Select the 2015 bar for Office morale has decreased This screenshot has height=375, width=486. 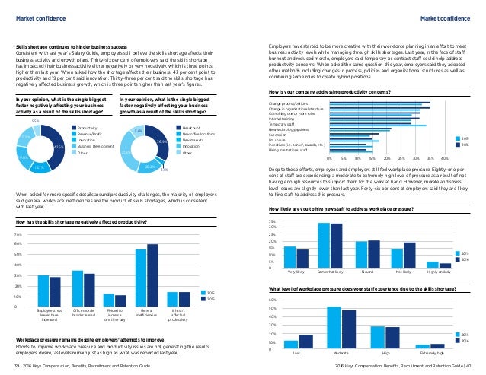click(77, 288)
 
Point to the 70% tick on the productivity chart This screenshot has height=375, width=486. click(17, 235)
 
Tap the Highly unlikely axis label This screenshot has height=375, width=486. click(438, 271)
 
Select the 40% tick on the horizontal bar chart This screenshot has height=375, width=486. click(444, 158)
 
